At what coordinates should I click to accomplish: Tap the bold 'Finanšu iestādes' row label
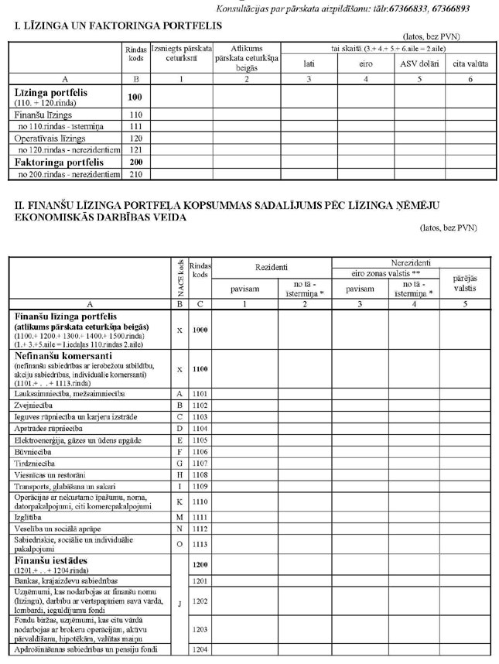pos(50,559)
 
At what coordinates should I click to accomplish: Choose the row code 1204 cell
pos(200,649)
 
